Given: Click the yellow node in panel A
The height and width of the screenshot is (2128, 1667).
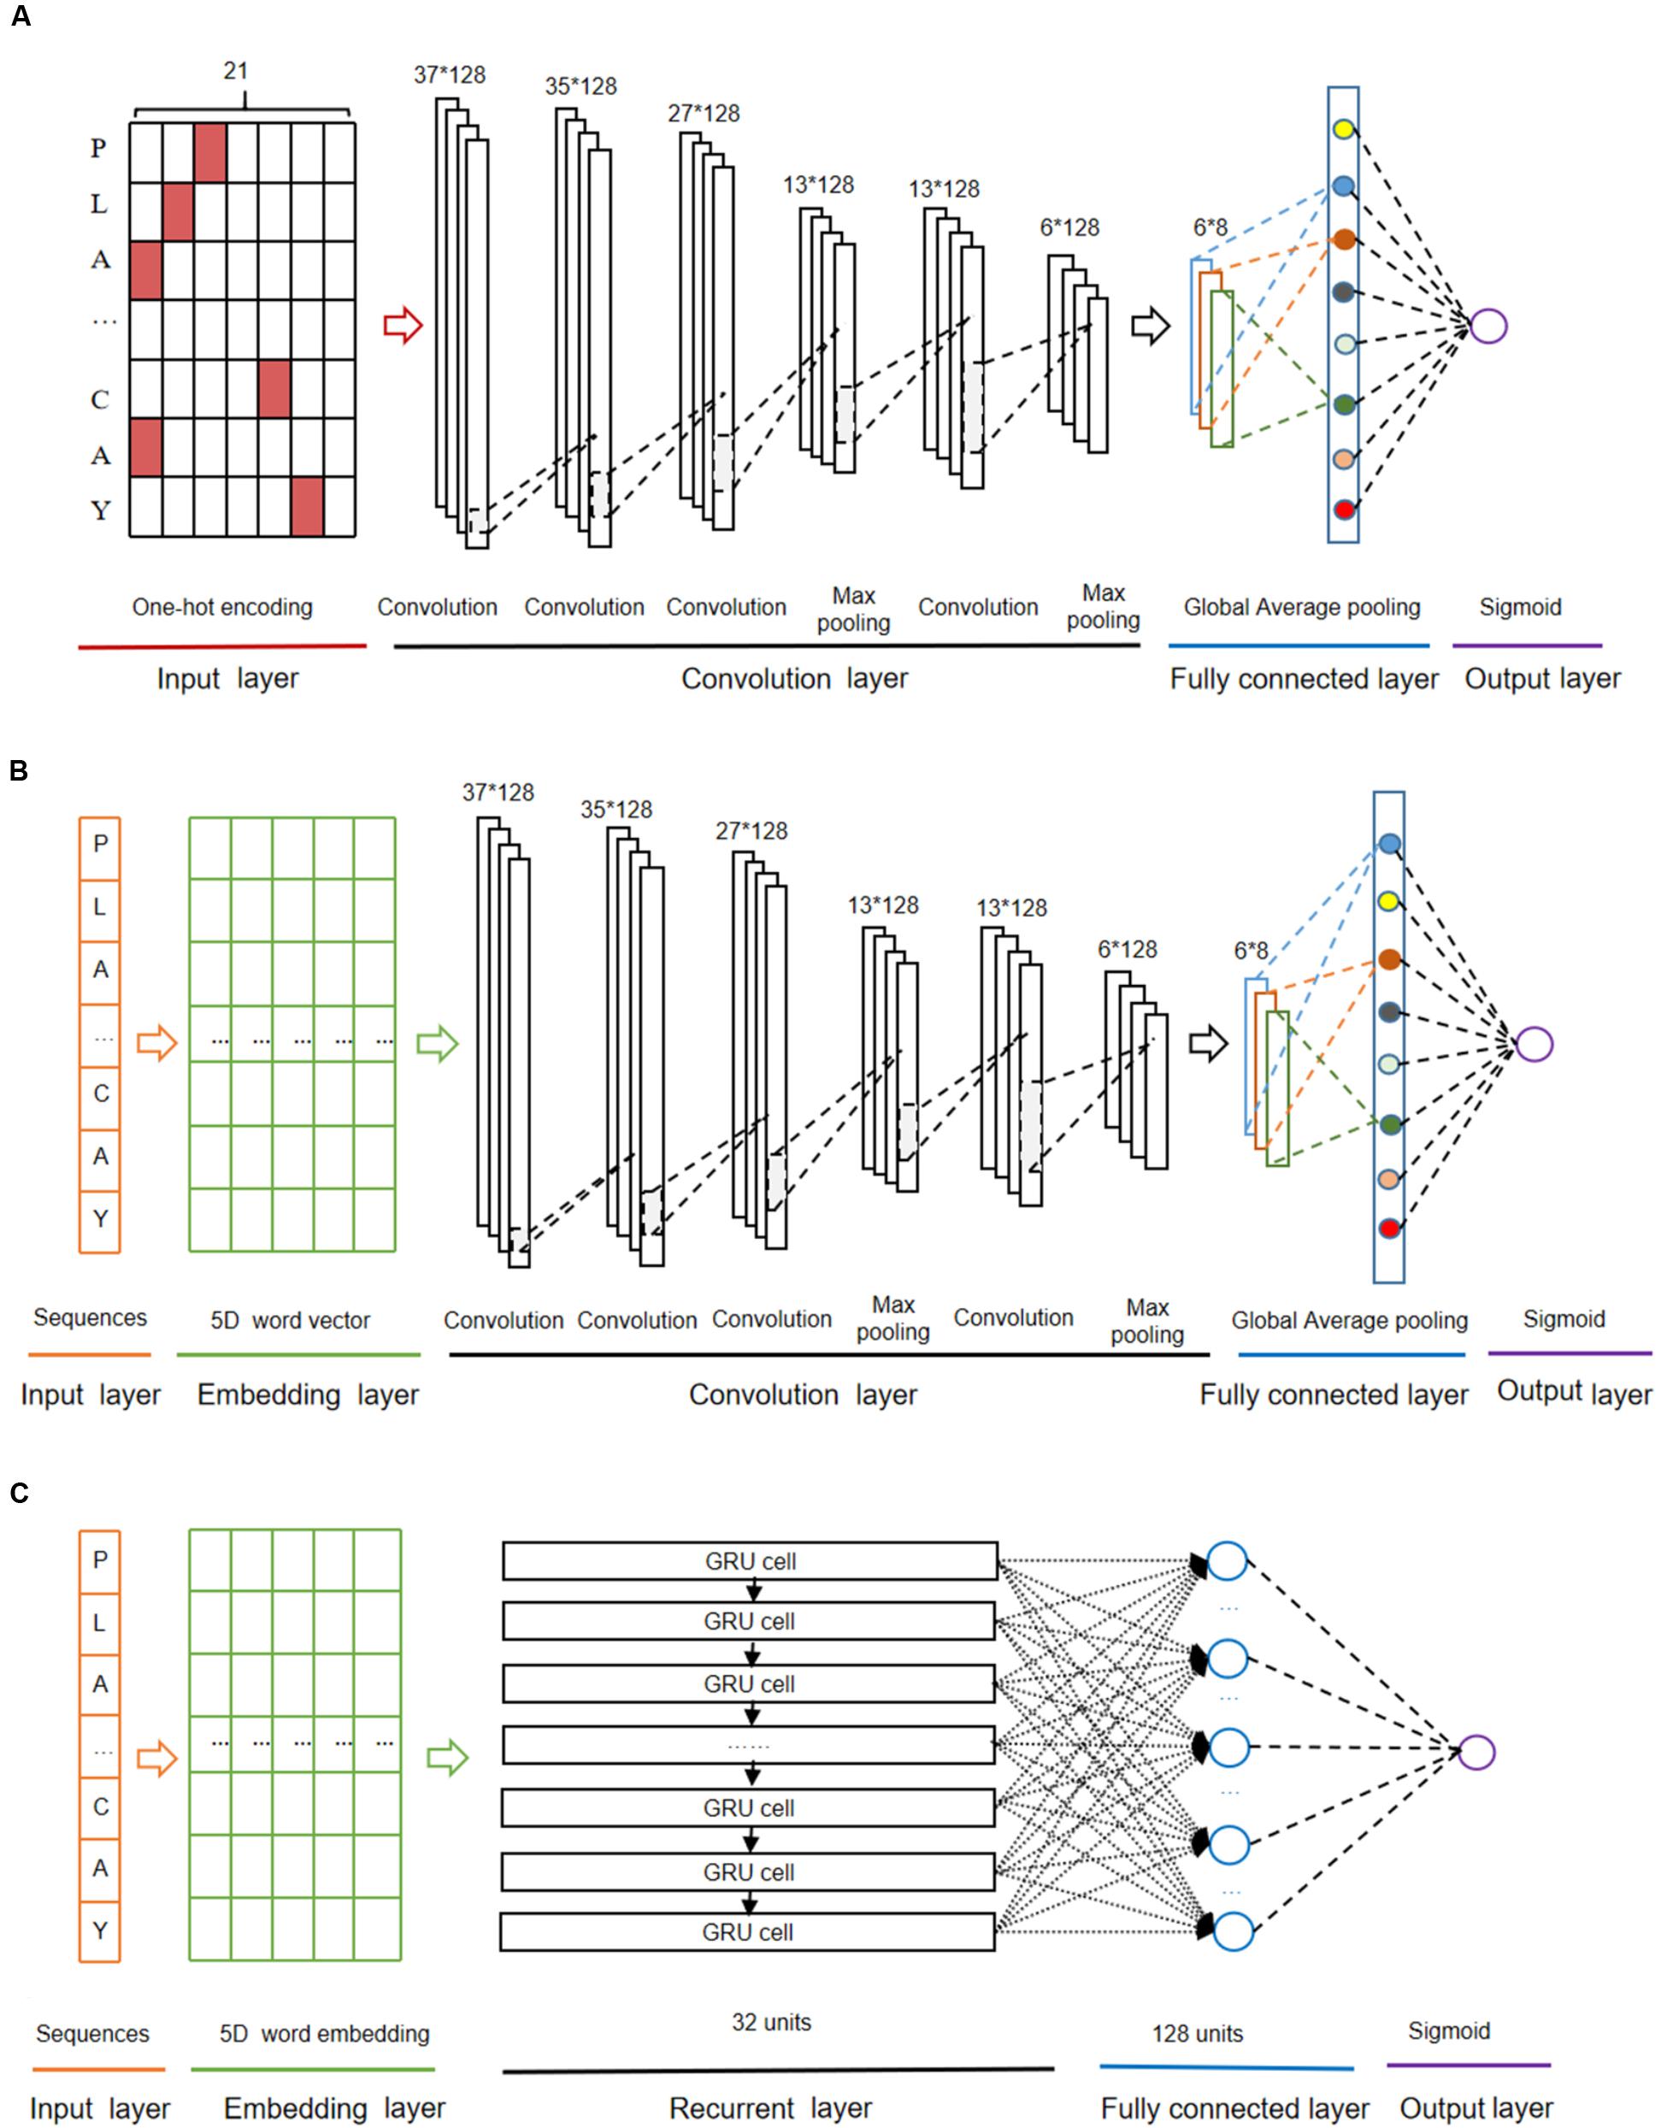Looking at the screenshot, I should pos(1343,129).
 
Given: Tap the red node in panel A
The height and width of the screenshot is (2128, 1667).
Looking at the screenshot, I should pos(1344,510).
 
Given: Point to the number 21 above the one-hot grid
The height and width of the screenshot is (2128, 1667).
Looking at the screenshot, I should pos(236,71).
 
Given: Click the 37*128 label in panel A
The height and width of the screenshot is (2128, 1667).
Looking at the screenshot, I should pos(449,75).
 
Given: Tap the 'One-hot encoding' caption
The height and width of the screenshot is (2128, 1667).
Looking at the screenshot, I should pos(222,607).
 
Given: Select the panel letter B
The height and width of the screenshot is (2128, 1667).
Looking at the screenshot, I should pos(18,771).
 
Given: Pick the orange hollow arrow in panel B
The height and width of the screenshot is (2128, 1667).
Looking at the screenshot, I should pos(156,1044).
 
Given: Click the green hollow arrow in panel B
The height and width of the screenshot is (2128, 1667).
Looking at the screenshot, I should pos(437,1044).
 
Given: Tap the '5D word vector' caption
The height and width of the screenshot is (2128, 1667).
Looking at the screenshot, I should pos(291,1321).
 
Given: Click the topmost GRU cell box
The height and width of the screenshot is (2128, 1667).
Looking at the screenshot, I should pos(750,1561).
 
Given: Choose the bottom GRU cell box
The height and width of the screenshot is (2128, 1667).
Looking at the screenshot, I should pos(748,1932).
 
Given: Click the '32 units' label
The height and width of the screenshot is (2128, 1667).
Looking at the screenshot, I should pos(771,2022).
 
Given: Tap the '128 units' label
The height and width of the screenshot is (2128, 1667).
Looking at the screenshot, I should pos(1197,2033).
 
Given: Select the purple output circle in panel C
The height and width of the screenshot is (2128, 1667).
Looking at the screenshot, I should pos(1476,1752).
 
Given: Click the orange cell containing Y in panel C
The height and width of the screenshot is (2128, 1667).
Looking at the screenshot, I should pos(99,1930).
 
